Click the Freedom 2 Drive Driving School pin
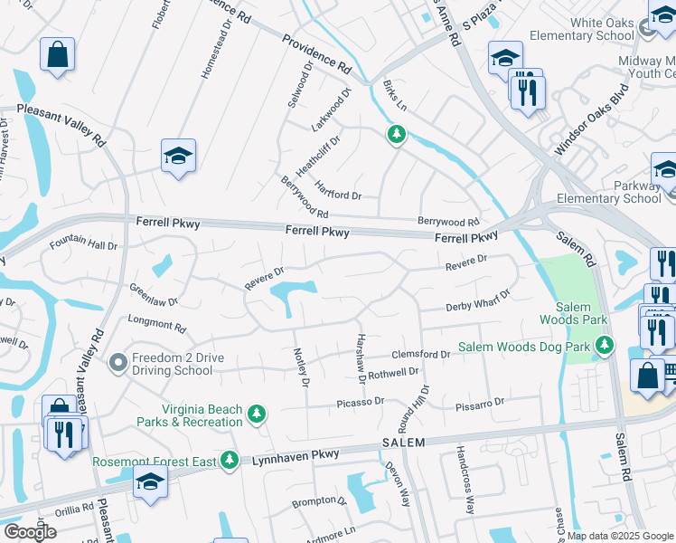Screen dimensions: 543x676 117,364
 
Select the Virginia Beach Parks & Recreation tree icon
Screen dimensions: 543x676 258,414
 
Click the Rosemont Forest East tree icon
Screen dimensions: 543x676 230,461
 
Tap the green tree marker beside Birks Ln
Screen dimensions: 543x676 396,136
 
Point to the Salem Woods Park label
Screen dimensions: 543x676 572,313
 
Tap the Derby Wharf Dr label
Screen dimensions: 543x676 478,300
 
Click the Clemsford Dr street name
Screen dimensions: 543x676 420,355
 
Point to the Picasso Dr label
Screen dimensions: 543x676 361,400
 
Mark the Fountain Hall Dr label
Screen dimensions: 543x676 84,245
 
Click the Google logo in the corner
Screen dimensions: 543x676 30,531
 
